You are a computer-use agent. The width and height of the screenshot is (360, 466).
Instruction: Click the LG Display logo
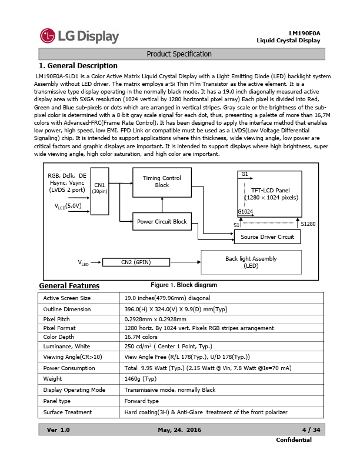click(79, 36)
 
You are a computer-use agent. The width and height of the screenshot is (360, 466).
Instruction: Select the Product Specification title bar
click(179, 54)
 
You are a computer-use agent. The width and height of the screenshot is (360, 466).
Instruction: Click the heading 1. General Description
click(78, 65)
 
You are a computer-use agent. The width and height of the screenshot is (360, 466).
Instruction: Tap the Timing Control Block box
click(162, 182)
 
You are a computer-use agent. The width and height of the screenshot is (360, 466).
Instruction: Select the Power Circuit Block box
click(162, 222)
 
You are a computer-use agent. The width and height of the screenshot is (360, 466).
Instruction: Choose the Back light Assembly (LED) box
click(251, 262)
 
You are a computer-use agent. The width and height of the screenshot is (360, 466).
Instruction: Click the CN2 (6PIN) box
click(135, 262)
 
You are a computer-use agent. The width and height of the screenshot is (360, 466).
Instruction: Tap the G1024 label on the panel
click(245, 211)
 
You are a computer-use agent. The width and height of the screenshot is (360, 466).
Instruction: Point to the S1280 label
click(308, 224)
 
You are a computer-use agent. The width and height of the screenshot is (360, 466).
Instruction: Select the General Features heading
click(69, 286)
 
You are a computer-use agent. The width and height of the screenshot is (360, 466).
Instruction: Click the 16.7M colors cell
click(141, 337)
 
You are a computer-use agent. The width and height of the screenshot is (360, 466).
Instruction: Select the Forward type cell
click(142, 401)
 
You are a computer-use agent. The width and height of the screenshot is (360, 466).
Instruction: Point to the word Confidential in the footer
click(294, 440)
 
